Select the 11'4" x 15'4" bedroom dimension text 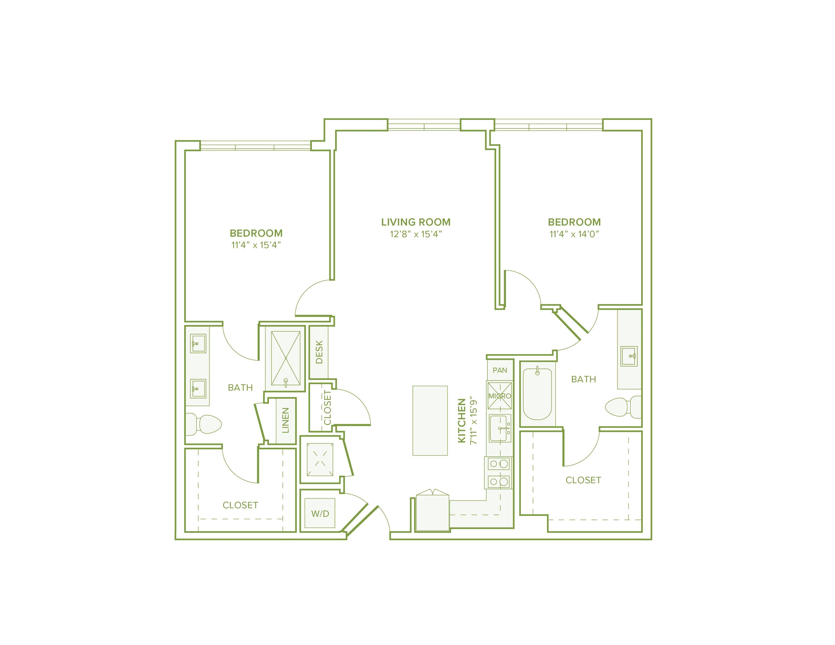click(256, 245)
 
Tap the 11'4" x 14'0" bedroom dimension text click(574, 234)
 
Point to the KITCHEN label click(462, 420)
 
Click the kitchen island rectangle click(430, 420)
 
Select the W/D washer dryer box click(320, 513)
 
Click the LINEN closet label click(286, 420)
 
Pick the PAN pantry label click(500, 370)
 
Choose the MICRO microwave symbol click(499, 395)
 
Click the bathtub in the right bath click(537, 393)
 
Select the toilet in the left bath click(205, 424)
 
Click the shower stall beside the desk click(286, 358)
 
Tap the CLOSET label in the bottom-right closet click(583, 480)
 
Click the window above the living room click(424, 125)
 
